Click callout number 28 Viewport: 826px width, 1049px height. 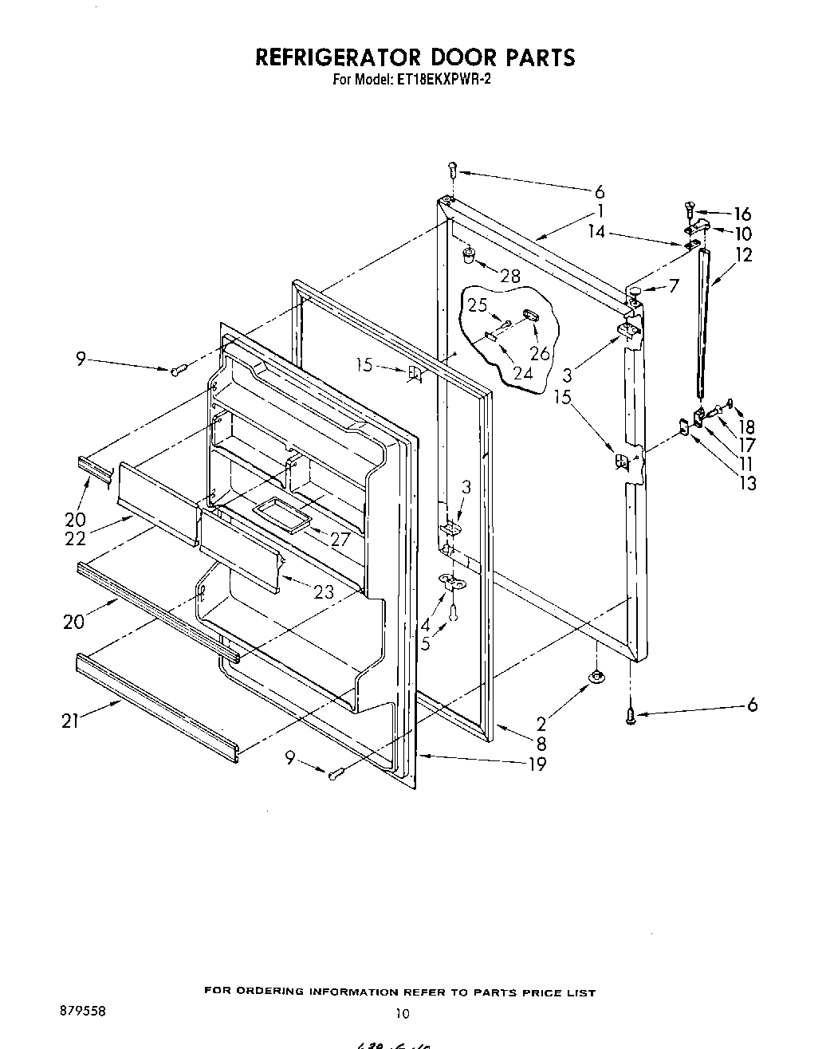click(x=509, y=276)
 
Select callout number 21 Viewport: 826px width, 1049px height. click(x=71, y=721)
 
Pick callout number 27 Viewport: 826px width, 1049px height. click(x=340, y=540)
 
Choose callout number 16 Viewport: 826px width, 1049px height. click(x=742, y=214)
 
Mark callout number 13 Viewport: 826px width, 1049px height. click(x=748, y=482)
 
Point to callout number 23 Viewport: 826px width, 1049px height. click(x=324, y=592)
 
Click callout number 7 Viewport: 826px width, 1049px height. click(x=674, y=285)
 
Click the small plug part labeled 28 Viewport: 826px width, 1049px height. click(x=470, y=254)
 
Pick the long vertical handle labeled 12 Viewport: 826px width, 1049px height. click(x=701, y=319)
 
